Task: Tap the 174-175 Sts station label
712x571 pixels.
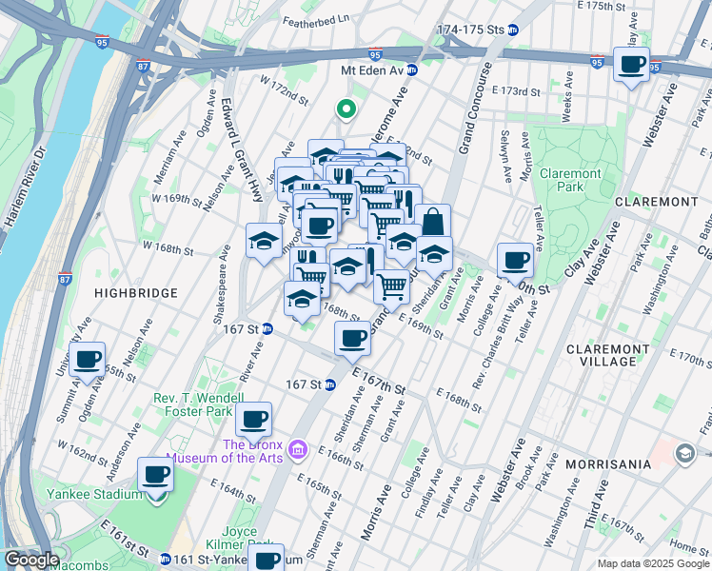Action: (x=470, y=30)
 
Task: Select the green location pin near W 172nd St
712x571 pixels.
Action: (x=346, y=110)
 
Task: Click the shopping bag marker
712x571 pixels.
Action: (x=432, y=221)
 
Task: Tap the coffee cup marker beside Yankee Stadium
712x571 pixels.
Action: (x=155, y=474)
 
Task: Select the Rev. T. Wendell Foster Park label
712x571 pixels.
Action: (x=193, y=405)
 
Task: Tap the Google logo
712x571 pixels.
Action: (x=31, y=560)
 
